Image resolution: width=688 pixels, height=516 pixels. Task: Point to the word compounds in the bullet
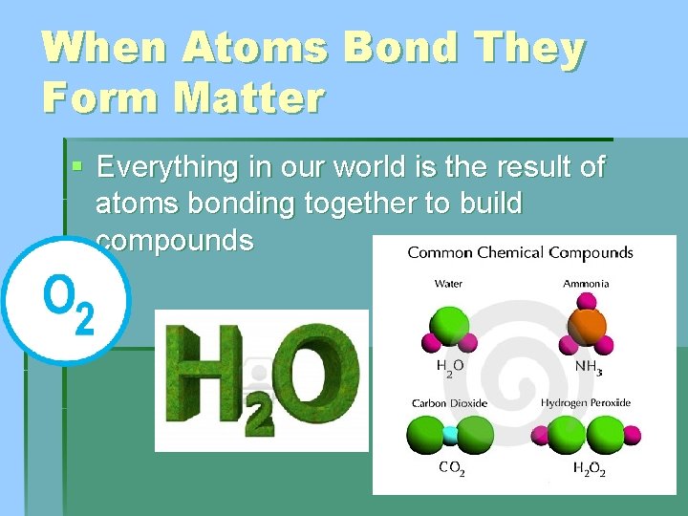coord(175,241)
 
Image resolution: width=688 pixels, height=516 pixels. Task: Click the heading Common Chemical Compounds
coord(520,253)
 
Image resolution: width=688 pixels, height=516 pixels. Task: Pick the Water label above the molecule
coord(448,284)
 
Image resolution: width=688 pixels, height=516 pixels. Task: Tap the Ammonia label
coord(586,284)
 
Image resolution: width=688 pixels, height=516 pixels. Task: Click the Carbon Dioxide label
coord(449,403)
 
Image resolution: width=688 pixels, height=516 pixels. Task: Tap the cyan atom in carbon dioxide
coord(450,436)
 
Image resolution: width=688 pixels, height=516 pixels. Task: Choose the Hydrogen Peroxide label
coord(586,403)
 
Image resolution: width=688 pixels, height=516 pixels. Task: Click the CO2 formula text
coord(451,468)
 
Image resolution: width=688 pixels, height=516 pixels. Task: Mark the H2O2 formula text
coord(589,468)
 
